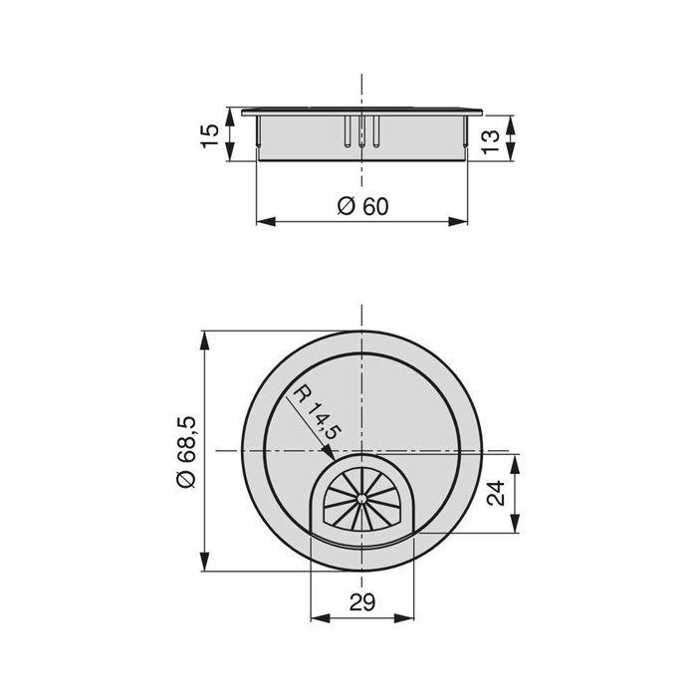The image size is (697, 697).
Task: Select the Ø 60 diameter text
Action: point(361,206)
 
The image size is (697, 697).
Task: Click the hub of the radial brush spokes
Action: point(360,497)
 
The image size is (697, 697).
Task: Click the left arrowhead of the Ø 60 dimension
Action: point(262,221)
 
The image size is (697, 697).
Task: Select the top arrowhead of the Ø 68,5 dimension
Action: point(205,336)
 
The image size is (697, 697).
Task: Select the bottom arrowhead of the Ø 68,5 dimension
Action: point(205,566)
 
